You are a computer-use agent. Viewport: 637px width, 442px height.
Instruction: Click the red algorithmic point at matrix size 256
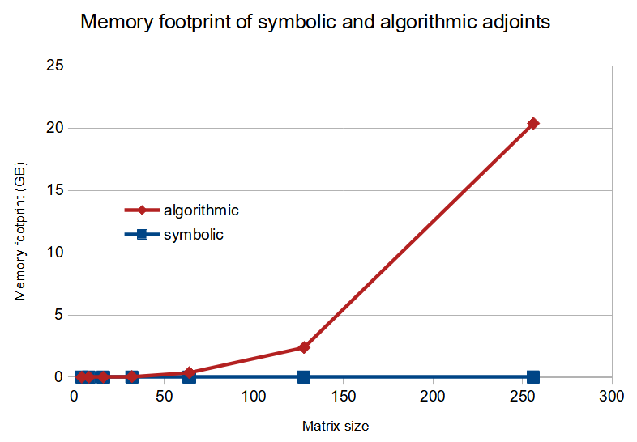pyautogui.click(x=533, y=123)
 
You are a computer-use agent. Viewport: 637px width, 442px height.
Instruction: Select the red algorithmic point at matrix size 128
pyautogui.click(x=304, y=347)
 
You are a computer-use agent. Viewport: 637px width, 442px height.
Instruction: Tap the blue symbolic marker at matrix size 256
pyautogui.click(x=533, y=377)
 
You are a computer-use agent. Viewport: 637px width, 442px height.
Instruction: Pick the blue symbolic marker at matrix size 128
pyautogui.click(x=304, y=377)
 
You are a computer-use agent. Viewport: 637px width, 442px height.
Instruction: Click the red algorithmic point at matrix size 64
pyautogui.click(x=189, y=372)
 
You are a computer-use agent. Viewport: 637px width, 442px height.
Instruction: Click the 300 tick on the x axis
pyautogui.click(x=612, y=397)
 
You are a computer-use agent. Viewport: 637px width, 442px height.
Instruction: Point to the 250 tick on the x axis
pyautogui.click(x=522, y=397)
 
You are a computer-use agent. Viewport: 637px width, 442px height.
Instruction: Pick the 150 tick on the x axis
pyautogui.click(x=343, y=397)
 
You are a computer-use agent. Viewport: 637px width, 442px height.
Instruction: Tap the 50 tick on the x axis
pyautogui.click(x=164, y=397)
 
